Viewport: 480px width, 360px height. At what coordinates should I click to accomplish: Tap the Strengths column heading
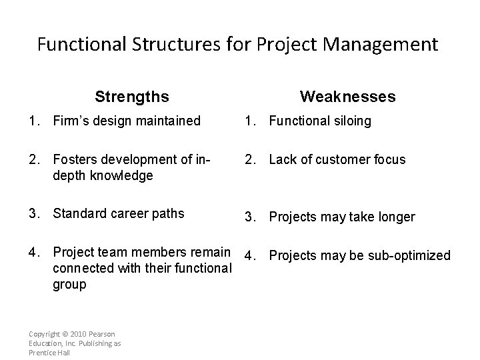click(x=131, y=97)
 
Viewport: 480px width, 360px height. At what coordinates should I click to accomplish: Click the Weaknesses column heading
click(x=347, y=97)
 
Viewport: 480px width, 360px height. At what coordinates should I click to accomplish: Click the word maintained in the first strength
click(x=168, y=121)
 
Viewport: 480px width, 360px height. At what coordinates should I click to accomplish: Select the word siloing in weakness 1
click(x=351, y=121)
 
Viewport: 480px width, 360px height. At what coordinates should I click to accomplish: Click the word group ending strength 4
click(x=69, y=285)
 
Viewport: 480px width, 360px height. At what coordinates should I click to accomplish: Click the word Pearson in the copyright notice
click(x=102, y=333)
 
